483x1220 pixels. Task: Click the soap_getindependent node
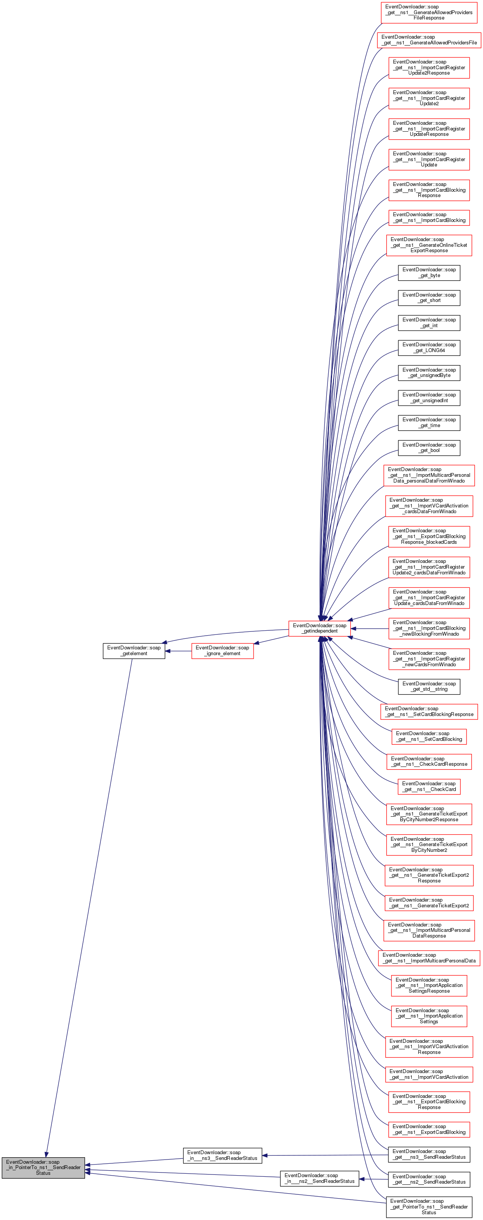point(319,628)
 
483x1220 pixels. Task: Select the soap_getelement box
point(134,650)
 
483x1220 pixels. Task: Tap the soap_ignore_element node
point(222,650)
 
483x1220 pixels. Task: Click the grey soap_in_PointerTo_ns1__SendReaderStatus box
point(43,1168)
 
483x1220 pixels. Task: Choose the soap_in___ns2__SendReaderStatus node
point(319,1178)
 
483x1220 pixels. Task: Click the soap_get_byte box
point(429,272)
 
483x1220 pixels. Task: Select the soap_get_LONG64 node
point(429,347)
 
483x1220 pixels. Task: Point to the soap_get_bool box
point(429,448)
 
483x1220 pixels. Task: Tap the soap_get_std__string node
point(429,686)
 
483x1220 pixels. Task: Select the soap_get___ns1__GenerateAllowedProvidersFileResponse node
point(429,12)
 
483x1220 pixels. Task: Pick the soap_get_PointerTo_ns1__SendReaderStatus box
point(429,1206)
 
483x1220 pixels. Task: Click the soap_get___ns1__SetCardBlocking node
point(429,736)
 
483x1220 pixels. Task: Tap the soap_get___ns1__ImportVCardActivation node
point(429,1074)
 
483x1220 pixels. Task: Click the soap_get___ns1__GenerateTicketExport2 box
point(429,903)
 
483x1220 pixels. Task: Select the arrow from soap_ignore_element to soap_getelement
point(178,651)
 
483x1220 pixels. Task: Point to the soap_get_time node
point(429,422)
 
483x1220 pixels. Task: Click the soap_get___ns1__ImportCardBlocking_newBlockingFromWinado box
point(429,628)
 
